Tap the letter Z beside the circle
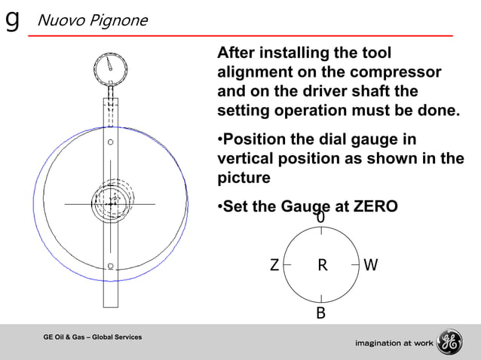274,265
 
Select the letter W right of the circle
370,265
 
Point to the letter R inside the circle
322,265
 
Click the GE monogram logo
449,342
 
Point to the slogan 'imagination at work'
392,343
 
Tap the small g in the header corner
12,19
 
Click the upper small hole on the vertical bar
111,142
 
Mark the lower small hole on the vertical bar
111,265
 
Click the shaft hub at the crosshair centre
111,203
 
